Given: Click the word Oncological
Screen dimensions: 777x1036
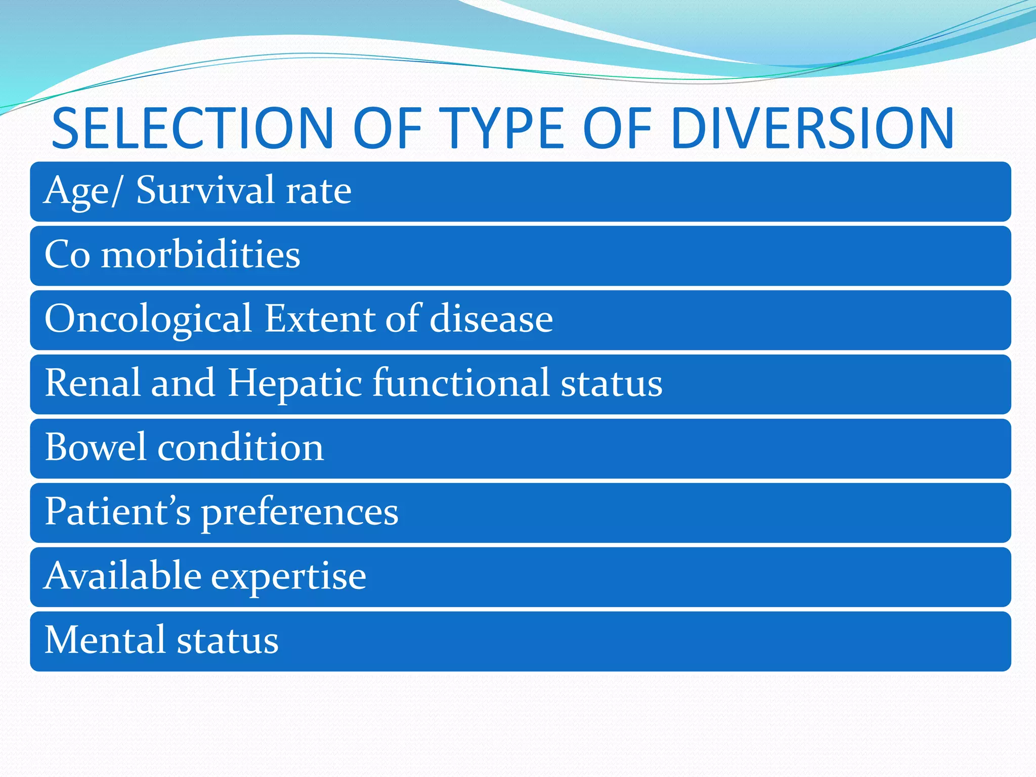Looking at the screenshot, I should point(148,319).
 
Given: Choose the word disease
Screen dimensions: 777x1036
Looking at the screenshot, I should point(491,319).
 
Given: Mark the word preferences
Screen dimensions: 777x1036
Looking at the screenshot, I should point(300,513).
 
